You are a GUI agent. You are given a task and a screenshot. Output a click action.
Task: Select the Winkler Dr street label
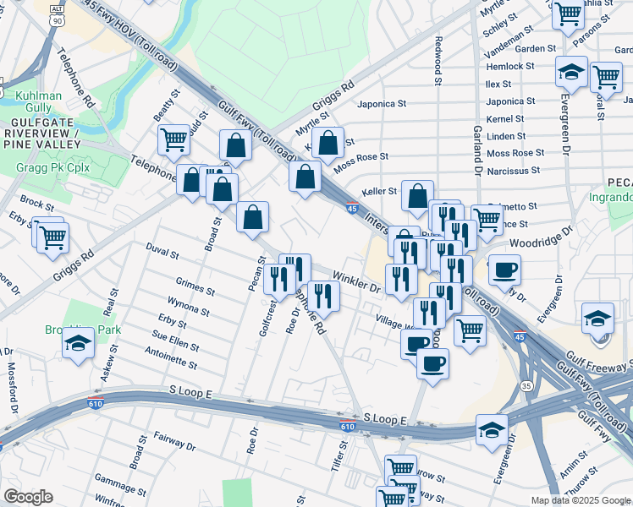(356, 279)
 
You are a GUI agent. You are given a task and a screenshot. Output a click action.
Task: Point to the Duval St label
(162, 253)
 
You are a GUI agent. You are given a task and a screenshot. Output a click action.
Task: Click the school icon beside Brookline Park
(78, 344)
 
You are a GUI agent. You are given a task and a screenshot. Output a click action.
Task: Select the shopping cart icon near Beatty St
(173, 139)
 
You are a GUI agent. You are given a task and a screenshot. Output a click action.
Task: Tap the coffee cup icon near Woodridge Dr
(505, 270)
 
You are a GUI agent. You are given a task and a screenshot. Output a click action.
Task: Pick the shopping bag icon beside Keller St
(417, 196)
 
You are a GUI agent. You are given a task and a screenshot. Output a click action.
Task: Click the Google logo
(28, 496)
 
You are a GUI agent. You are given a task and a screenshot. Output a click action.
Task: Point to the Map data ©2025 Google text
(581, 500)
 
